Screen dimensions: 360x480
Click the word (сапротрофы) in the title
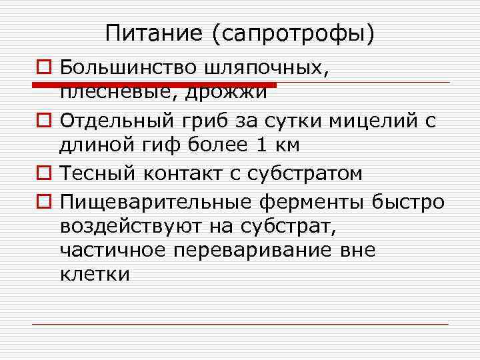[x=293, y=33]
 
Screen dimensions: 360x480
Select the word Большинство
[x=127, y=67]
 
